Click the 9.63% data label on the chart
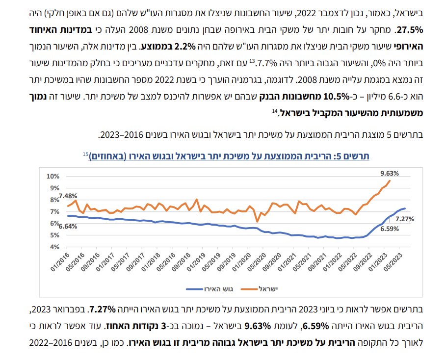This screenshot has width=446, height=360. (390, 173)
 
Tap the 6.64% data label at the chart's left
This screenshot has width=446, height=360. (68, 226)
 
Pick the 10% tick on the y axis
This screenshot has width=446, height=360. (52, 176)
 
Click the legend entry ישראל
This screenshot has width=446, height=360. (267, 289)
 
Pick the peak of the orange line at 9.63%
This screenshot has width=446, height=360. (390, 180)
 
